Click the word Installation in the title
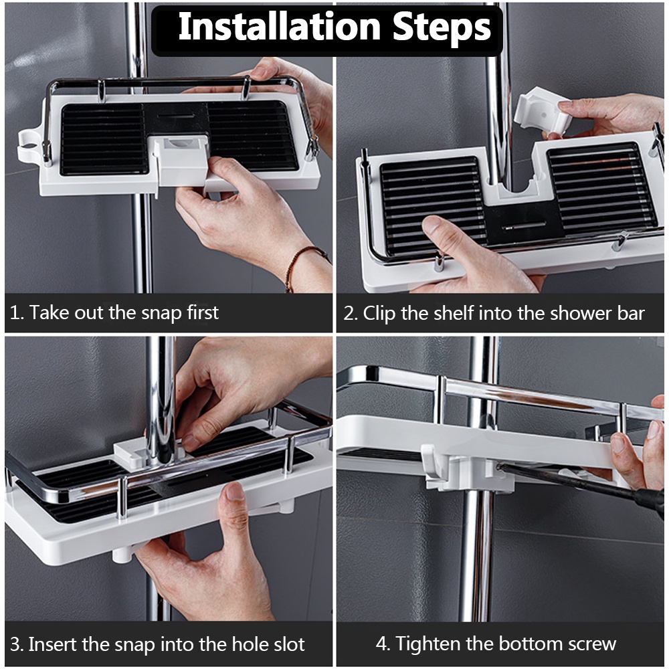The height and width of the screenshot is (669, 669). pos(280,27)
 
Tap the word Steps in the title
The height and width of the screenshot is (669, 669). pos(442,27)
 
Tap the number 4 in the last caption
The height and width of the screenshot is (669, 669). pos(381,644)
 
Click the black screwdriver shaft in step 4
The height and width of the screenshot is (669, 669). pos(567,482)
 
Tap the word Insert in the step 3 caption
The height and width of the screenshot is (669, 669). pos(54,644)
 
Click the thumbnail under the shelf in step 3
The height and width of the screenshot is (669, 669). pos(235,492)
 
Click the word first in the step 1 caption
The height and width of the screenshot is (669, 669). pos(203,312)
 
